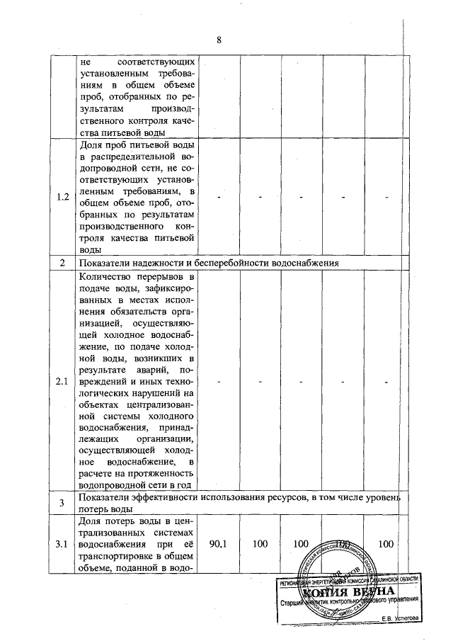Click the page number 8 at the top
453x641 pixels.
coord(219,40)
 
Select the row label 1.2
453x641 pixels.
coord(62,198)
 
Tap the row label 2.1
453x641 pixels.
coord(62,382)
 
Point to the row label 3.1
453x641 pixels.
coord(62,544)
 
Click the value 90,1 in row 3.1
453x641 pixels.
coord(219,544)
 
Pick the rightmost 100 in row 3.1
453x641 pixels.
coord(386,544)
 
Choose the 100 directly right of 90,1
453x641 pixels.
coord(260,544)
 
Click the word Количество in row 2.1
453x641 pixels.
coord(110,276)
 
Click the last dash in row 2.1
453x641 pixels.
coord(386,382)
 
